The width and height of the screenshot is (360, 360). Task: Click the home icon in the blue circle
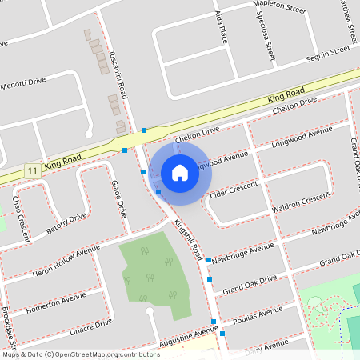click(x=180, y=172)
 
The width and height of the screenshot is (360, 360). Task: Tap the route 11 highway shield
click(x=32, y=171)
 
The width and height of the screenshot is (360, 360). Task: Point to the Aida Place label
click(x=223, y=27)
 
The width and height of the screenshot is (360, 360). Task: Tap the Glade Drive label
click(x=119, y=199)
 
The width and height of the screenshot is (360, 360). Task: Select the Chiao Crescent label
click(x=21, y=218)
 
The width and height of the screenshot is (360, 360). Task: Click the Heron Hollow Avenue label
click(x=66, y=258)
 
